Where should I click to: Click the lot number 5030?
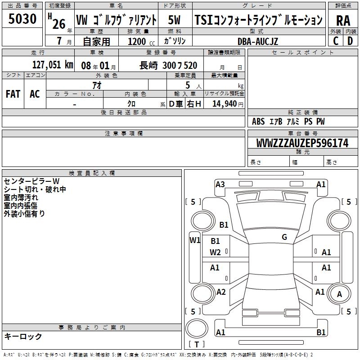(22, 18)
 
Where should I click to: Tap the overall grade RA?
(343, 21)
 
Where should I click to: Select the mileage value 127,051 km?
(53, 65)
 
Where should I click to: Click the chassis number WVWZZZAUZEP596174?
(302, 143)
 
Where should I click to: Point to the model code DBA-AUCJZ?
(257, 41)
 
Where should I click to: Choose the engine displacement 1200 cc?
(141, 41)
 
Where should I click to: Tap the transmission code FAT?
(13, 94)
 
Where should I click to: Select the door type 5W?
(174, 20)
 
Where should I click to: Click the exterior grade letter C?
(336, 41)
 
